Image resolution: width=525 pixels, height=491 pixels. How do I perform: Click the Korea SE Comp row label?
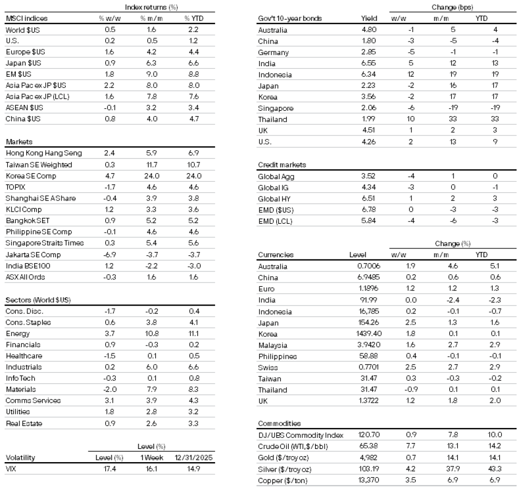[x=31, y=176]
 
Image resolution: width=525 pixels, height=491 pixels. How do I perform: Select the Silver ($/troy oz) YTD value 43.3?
[x=495, y=469]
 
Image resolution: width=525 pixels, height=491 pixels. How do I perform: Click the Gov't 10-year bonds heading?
[x=290, y=19]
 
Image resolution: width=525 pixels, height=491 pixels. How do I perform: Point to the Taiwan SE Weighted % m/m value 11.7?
[x=151, y=164]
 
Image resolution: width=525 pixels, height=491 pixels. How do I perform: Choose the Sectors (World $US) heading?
[x=38, y=300]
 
